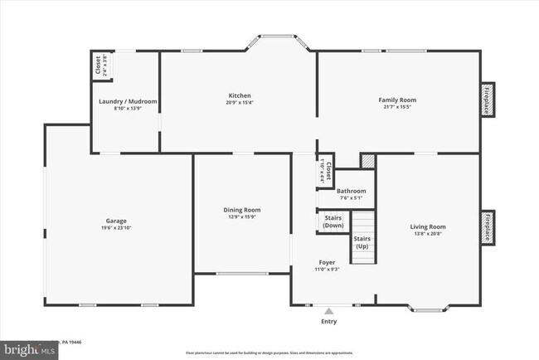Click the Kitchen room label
click(x=239, y=95)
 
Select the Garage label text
click(x=115, y=221)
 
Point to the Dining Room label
click(x=242, y=210)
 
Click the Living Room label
click(x=428, y=226)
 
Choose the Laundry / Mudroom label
click(x=128, y=101)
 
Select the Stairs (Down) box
click(x=332, y=221)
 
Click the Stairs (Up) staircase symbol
click(x=362, y=238)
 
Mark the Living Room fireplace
click(x=488, y=226)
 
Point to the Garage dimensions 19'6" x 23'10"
click(x=115, y=228)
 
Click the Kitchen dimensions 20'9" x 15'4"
click(x=239, y=103)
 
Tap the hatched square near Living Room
click(x=367, y=160)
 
